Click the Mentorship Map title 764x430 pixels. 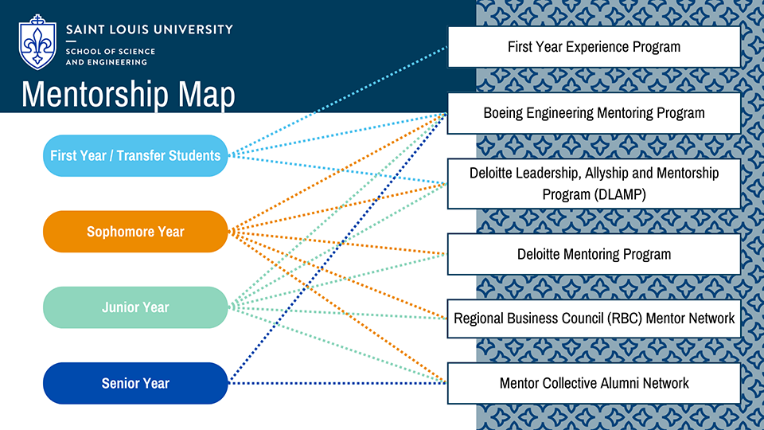tap(128, 95)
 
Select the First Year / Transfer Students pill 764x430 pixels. tap(135, 155)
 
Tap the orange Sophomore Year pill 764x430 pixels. tap(135, 232)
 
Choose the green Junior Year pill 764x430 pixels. tap(135, 307)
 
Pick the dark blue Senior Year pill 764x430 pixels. tap(135, 383)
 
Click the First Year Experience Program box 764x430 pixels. tap(594, 47)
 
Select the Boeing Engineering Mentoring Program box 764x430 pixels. tap(594, 113)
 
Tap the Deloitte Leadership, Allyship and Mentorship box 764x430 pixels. tap(594, 183)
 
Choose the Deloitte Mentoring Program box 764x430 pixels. tap(594, 254)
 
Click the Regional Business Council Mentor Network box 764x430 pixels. tap(594, 319)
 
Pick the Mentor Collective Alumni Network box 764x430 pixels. tap(594, 383)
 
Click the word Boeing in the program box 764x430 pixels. tap(505, 113)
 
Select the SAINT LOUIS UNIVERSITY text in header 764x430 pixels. tap(150, 29)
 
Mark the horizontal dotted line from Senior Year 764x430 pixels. tap(334, 383)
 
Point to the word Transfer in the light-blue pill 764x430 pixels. tap(140, 155)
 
